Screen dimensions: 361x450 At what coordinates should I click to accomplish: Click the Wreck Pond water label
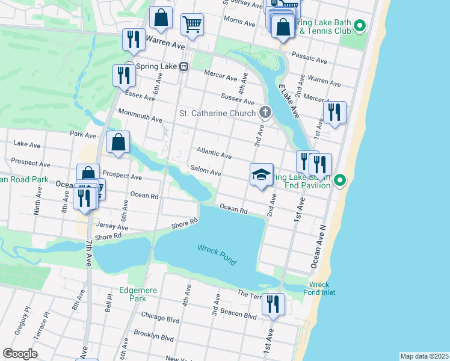point(217,255)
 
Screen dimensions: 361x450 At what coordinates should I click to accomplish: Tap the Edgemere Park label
point(138,294)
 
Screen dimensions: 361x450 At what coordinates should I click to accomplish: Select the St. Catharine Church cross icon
point(265,113)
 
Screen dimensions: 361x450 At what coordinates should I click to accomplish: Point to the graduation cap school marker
point(261,175)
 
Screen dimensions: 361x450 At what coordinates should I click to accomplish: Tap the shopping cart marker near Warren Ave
point(193,25)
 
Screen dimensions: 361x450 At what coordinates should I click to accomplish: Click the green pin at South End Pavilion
point(340,180)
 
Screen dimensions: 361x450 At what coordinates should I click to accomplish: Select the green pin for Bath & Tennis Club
point(360,26)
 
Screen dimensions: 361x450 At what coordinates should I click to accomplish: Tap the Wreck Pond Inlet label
point(322,289)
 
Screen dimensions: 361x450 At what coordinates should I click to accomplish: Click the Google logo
point(20,354)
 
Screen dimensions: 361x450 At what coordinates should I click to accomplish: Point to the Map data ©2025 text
point(424,356)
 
